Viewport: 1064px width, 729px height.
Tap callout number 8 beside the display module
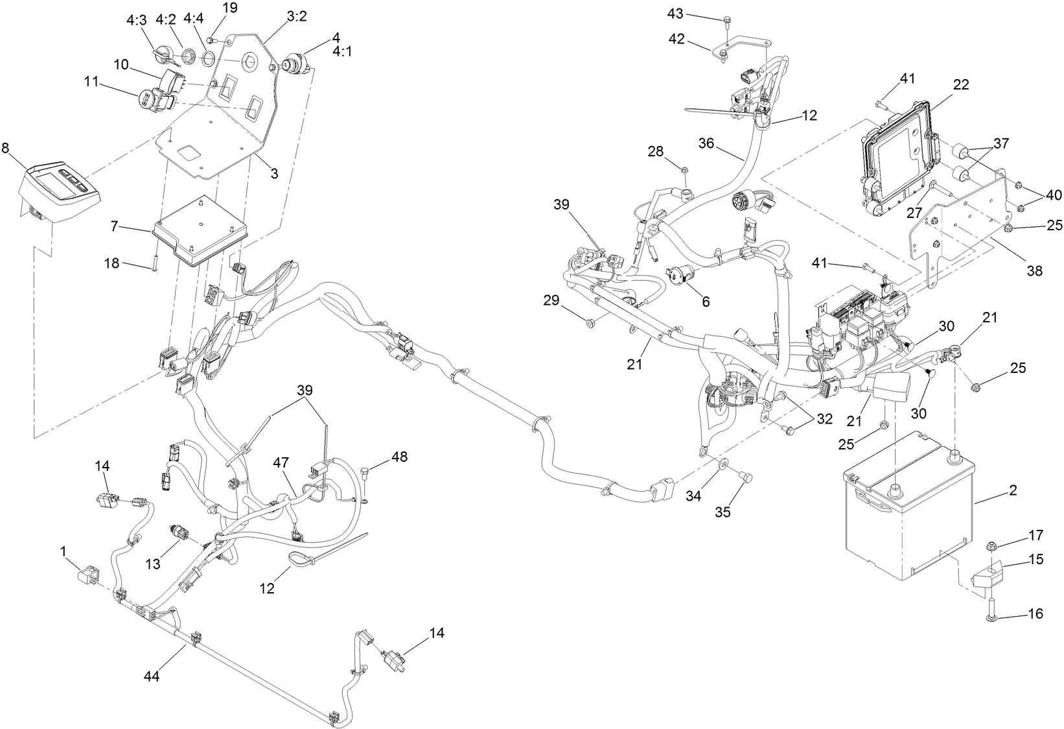(x=6, y=148)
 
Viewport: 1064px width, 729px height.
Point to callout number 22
(x=961, y=84)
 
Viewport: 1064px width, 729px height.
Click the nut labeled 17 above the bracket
(x=991, y=545)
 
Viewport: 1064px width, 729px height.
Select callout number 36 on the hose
(x=706, y=142)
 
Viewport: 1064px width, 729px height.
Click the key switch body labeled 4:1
(x=293, y=64)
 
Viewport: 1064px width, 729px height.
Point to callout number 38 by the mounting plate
(x=1034, y=271)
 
